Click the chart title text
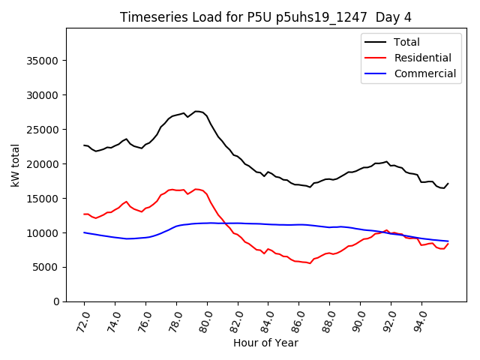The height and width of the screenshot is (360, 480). coord(266,17)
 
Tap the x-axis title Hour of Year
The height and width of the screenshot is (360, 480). coord(266,343)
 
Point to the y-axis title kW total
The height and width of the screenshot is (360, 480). coord(16,165)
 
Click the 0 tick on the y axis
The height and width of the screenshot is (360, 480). coord(57,301)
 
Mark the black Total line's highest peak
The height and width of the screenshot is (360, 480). coord(196,111)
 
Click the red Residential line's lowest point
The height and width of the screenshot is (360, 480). coord(310,263)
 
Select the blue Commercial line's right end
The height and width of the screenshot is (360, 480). coord(448,241)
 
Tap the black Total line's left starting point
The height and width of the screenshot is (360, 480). coord(84,145)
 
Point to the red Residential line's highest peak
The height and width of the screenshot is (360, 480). coord(196,189)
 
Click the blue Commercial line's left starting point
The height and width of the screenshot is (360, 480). coord(84,232)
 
